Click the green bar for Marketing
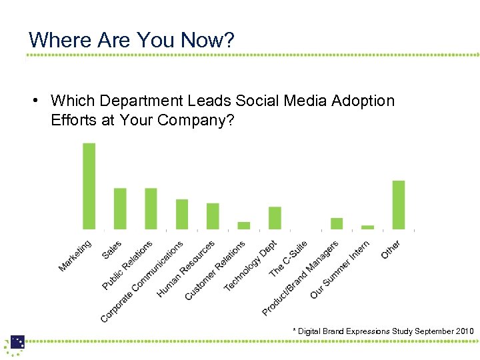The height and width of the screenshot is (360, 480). coord(89,186)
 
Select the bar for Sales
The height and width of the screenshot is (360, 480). coord(120,209)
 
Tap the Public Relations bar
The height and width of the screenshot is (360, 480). coord(151,209)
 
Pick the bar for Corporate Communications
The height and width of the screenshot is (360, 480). coord(182,214)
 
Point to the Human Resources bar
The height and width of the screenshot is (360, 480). coord(213,216)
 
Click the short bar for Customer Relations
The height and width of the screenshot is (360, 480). coord(244,225)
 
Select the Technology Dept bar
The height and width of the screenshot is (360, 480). coord(275,218)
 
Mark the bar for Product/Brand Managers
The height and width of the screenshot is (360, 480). coord(337,223)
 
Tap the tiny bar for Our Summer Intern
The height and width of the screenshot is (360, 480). coord(367,227)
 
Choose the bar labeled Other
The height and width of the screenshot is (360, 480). coord(399,205)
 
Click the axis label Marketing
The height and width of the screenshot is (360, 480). coord(75,256)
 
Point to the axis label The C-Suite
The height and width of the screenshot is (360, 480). coord(288,259)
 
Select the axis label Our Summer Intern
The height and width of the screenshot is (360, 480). coord(339,270)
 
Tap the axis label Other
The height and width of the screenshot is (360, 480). coord(391,249)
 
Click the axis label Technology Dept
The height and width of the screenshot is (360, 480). coord(250,266)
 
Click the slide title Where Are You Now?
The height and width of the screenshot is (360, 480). coord(132,39)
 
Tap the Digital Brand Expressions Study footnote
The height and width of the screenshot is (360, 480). coord(383,331)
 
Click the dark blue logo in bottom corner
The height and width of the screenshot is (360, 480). coord(17,343)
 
